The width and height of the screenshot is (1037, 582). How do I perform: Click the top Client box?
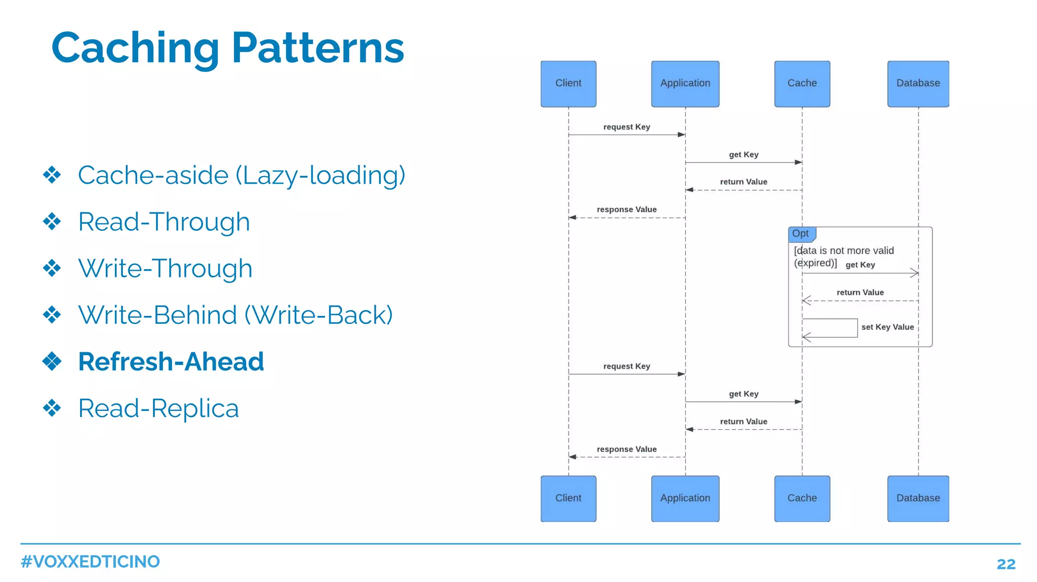point(568,84)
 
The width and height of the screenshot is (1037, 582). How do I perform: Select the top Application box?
point(685,84)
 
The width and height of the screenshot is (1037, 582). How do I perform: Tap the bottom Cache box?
point(802,498)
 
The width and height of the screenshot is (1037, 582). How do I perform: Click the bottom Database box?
point(918,498)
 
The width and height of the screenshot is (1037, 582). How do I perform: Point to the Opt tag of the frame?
point(801,234)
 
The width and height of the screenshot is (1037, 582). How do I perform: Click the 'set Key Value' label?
point(888,327)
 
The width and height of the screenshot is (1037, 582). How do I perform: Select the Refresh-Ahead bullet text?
point(171,362)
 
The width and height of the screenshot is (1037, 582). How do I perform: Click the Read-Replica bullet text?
point(158,408)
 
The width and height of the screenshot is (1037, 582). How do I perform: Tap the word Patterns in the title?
point(318,48)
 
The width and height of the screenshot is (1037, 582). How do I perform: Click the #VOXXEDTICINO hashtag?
point(90,562)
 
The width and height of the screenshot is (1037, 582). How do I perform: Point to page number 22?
point(1006,564)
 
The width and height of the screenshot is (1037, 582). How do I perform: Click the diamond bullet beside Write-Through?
point(52,268)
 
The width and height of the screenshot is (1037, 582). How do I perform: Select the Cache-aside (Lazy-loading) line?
point(242,176)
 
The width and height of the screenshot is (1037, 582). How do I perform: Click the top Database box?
point(918,84)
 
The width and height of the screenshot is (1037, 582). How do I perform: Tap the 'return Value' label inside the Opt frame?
point(860,293)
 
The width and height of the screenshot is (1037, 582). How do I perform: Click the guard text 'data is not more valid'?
point(844,251)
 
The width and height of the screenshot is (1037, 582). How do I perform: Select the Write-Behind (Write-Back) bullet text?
point(235,315)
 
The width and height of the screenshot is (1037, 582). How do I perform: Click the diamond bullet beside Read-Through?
point(52,222)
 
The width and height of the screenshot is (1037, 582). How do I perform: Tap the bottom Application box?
point(685,498)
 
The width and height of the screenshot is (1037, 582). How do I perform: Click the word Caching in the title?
point(135,48)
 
